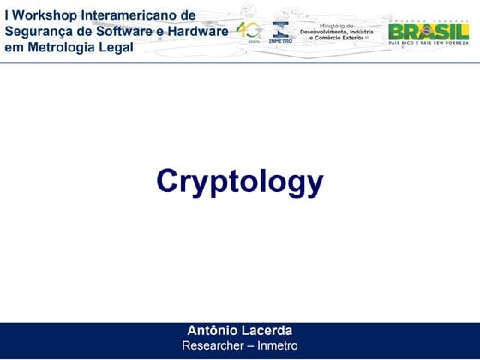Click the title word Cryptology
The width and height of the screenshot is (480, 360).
[x=239, y=182]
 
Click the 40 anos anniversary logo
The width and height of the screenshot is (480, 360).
[x=250, y=32]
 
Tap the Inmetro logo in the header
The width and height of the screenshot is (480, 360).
[x=280, y=33]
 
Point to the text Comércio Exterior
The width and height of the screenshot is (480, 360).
[x=340, y=39]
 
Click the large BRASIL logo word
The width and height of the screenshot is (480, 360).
[x=428, y=32]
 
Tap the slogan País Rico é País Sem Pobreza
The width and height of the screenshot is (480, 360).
[x=428, y=45]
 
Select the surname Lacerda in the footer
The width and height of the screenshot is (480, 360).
[x=266, y=331]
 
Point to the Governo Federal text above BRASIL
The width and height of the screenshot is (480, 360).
[x=428, y=19]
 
